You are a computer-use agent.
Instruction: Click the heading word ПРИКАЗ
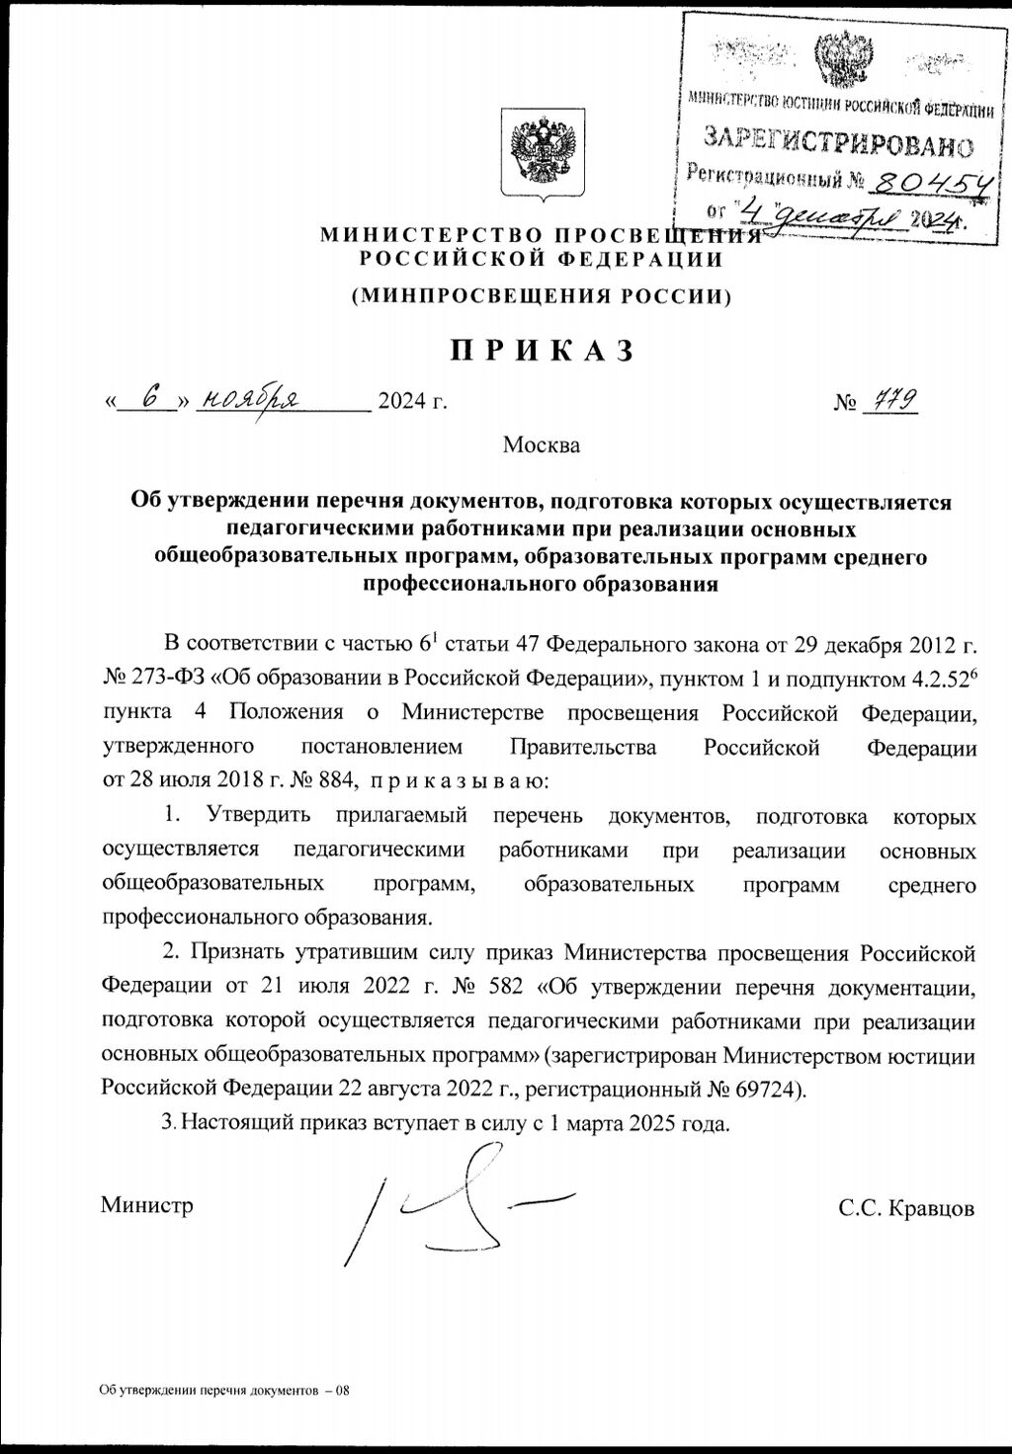click(x=541, y=351)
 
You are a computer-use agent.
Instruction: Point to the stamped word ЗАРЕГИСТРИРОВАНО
click(x=838, y=144)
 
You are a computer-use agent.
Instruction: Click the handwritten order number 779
click(x=889, y=399)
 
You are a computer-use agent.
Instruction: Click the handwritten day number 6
click(x=150, y=398)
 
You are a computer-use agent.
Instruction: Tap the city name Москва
click(x=541, y=444)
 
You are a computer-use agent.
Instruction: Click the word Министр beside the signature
click(x=146, y=1206)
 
